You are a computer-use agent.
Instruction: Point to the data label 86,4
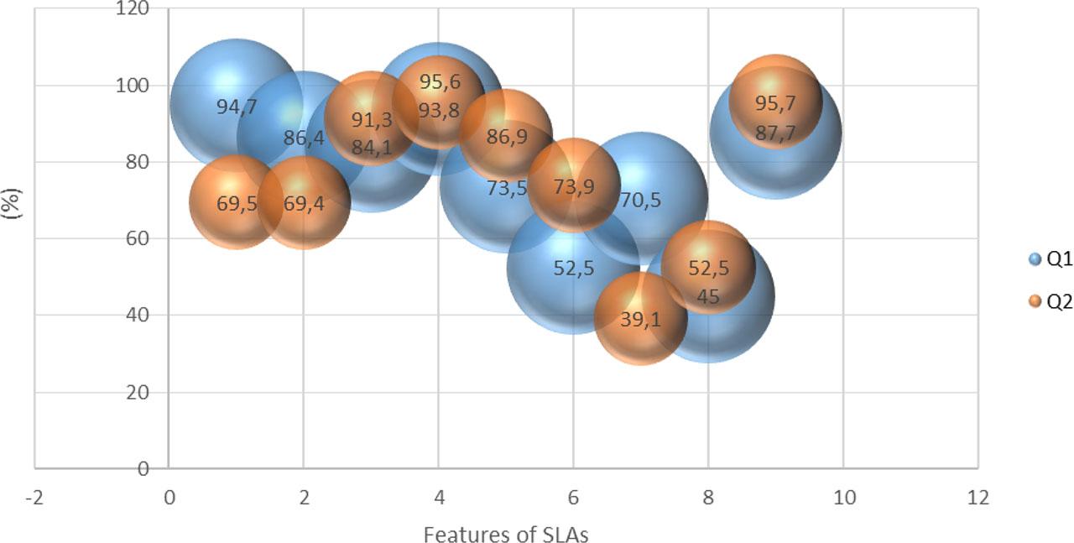click(x=304, y=138)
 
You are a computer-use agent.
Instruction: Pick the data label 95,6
click(x=438, y=83)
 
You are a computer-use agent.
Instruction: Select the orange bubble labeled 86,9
click(x=506, y=135)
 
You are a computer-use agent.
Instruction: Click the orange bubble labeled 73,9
click(x=574, y=186)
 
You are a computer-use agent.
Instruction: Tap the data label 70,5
click(x=641, y=200)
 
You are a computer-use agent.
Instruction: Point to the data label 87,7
click(x=775, y=133)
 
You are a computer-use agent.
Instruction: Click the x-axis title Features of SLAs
click(x=506, y=534)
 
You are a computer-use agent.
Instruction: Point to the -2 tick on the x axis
click(x=34, y=498)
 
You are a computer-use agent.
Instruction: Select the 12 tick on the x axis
click(x=978, y=498)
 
